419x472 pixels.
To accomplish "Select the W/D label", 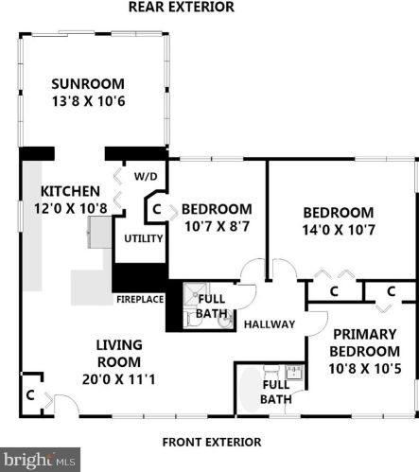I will coord(145,176).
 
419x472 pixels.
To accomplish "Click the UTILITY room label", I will coord(143,238).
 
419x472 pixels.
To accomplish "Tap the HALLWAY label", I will coord(270,324).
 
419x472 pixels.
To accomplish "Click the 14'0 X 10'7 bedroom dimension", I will coord(338,229).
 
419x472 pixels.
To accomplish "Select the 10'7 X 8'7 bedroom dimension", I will coord(217,226).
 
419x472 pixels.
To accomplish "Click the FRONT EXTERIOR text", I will coord(212,441).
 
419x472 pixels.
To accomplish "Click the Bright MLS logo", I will coord(38,460).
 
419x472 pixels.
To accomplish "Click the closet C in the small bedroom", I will coord(157,209).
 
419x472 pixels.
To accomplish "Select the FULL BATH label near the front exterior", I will coord(275,392).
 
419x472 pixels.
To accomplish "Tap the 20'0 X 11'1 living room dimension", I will coord(118,379).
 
